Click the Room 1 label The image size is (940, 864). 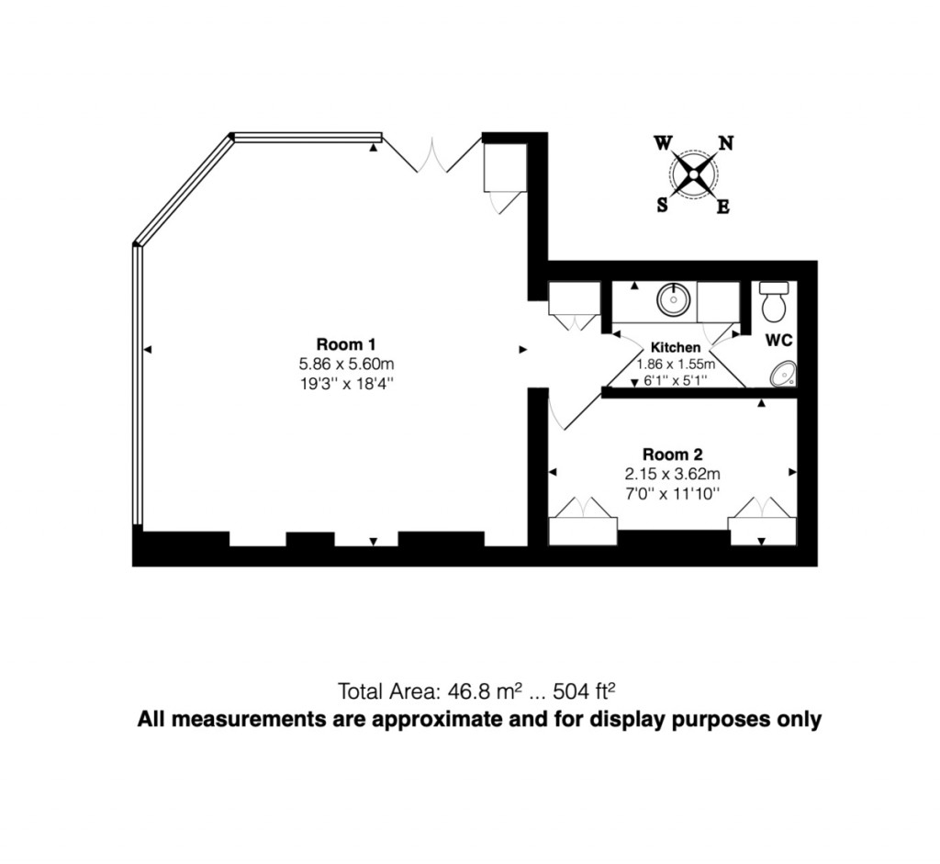click(339, 344)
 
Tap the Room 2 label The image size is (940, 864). click(672, 454)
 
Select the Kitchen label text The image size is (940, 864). click(676, 348)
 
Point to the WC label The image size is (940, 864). click(779, 340)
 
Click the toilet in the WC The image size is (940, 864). click(774, 300)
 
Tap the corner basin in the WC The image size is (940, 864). click(784, 374)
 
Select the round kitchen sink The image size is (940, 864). click(673, 298)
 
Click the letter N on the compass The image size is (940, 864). click(725, 143)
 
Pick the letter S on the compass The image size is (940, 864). click(662, 205)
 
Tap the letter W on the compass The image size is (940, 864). click(663, 143)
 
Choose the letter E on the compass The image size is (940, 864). click(722, 207)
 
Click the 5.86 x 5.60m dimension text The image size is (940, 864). click(339, 364)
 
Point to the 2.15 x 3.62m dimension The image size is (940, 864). click(672, 474)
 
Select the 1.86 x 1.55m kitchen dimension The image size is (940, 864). click(676, 364)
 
